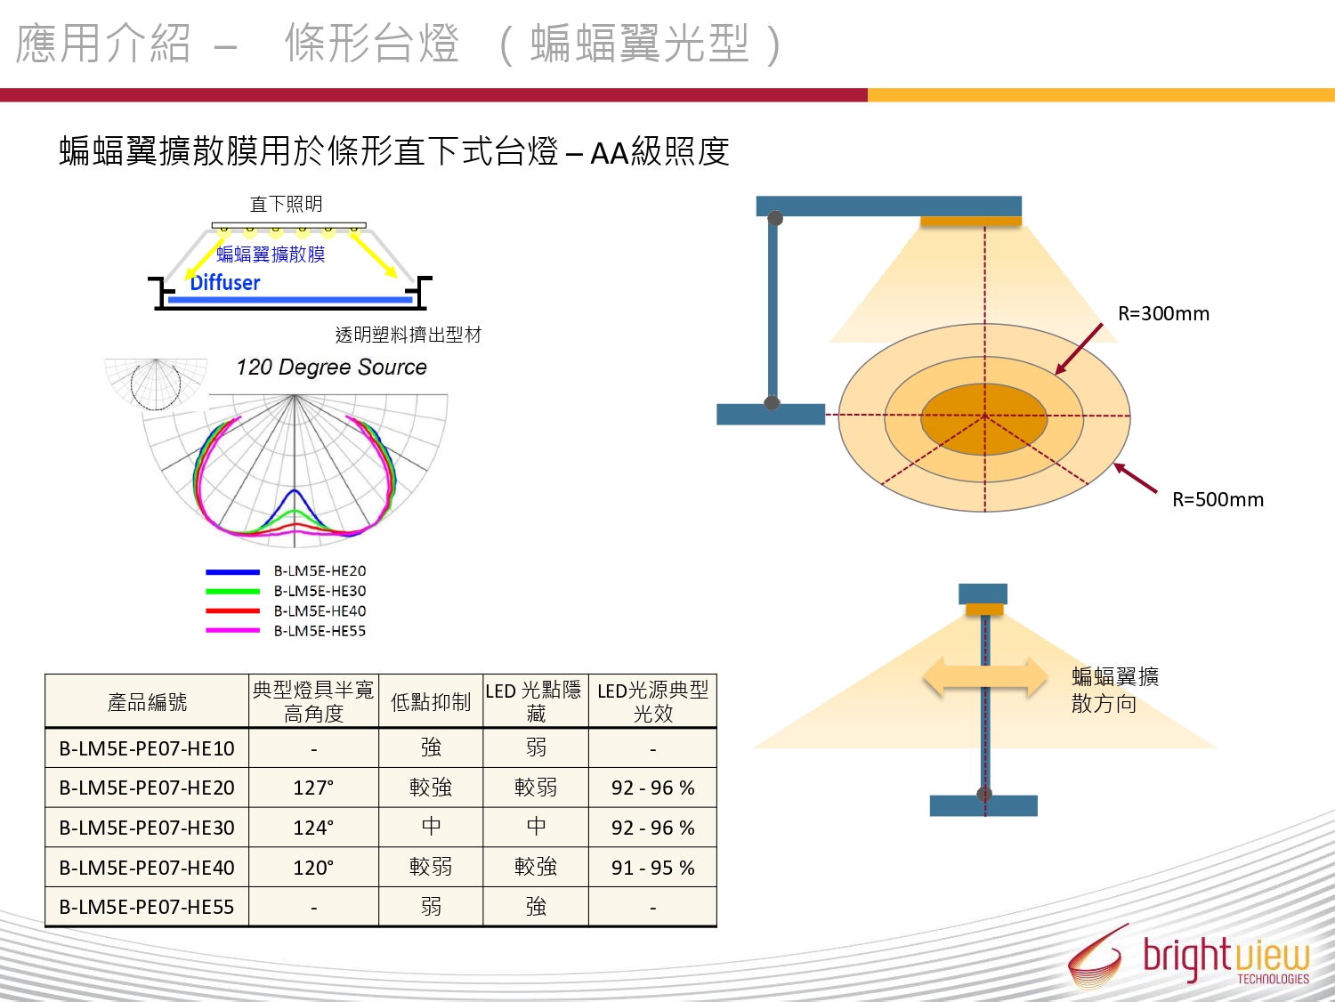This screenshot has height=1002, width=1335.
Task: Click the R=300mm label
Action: pyautogui.click(x=1163, y=314)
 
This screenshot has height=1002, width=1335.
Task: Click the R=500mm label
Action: pyautogui.click(x=1218, y=500)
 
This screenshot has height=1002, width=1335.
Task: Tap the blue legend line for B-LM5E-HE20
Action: pyautogui.click(x=232, y=571)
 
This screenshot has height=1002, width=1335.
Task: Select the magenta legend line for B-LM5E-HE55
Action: pyautogui.click(x=232, y=631)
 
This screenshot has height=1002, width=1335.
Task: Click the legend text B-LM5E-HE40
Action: pyautogui.click(x=320, y=611)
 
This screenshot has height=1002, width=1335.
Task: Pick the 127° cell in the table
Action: pyautogui.click(x=313, y=788)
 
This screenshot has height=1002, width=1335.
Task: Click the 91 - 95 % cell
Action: pyautogui.click(x=652, y=868)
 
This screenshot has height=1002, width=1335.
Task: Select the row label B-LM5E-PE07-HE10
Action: pyautogui.click(x=147, y=748)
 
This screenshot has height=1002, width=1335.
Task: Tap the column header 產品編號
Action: pyautogui.click(x=147, y=702)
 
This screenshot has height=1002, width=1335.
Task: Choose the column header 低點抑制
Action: pyautogui.click(x=431, y=702)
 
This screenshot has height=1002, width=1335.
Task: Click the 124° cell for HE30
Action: pyautogui.click(x=313, y=828)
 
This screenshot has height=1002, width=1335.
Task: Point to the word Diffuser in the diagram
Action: pyautogui.click(x=224, y=283)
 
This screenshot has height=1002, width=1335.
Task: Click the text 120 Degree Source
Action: pyautogui.click(x=331, y=368)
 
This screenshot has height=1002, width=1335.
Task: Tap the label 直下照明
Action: pyautogui.click(x=287, y=204)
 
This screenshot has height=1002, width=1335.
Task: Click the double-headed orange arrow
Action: pyautogui.click(x=985, y=676)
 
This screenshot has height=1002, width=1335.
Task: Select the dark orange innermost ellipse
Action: pyautogui.click(x=984, y=419)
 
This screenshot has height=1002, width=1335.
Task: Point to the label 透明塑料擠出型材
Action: pyautogui.click(x=409, y=335)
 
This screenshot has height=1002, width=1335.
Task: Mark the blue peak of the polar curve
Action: pyautogui.click(x=295, y=489)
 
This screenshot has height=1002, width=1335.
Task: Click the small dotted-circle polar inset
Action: pyautogui.click(x=156, y=384)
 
